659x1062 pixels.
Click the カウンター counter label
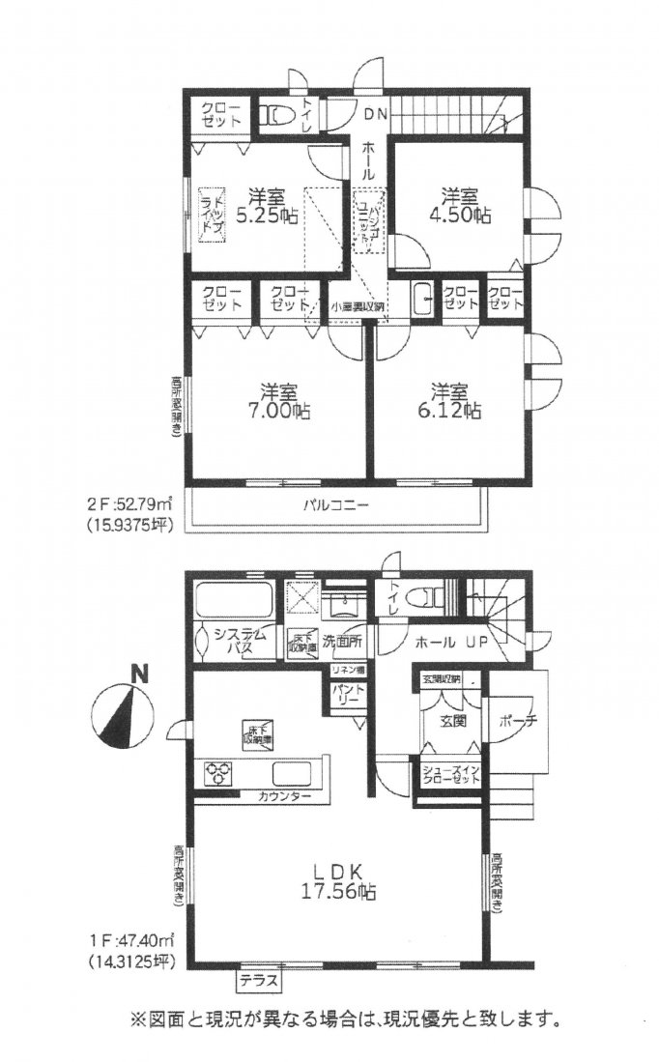[284, 797]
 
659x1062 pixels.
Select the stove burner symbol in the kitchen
[218, 773]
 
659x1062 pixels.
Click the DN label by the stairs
[376, 114]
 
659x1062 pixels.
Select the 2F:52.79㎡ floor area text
[131, 503]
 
